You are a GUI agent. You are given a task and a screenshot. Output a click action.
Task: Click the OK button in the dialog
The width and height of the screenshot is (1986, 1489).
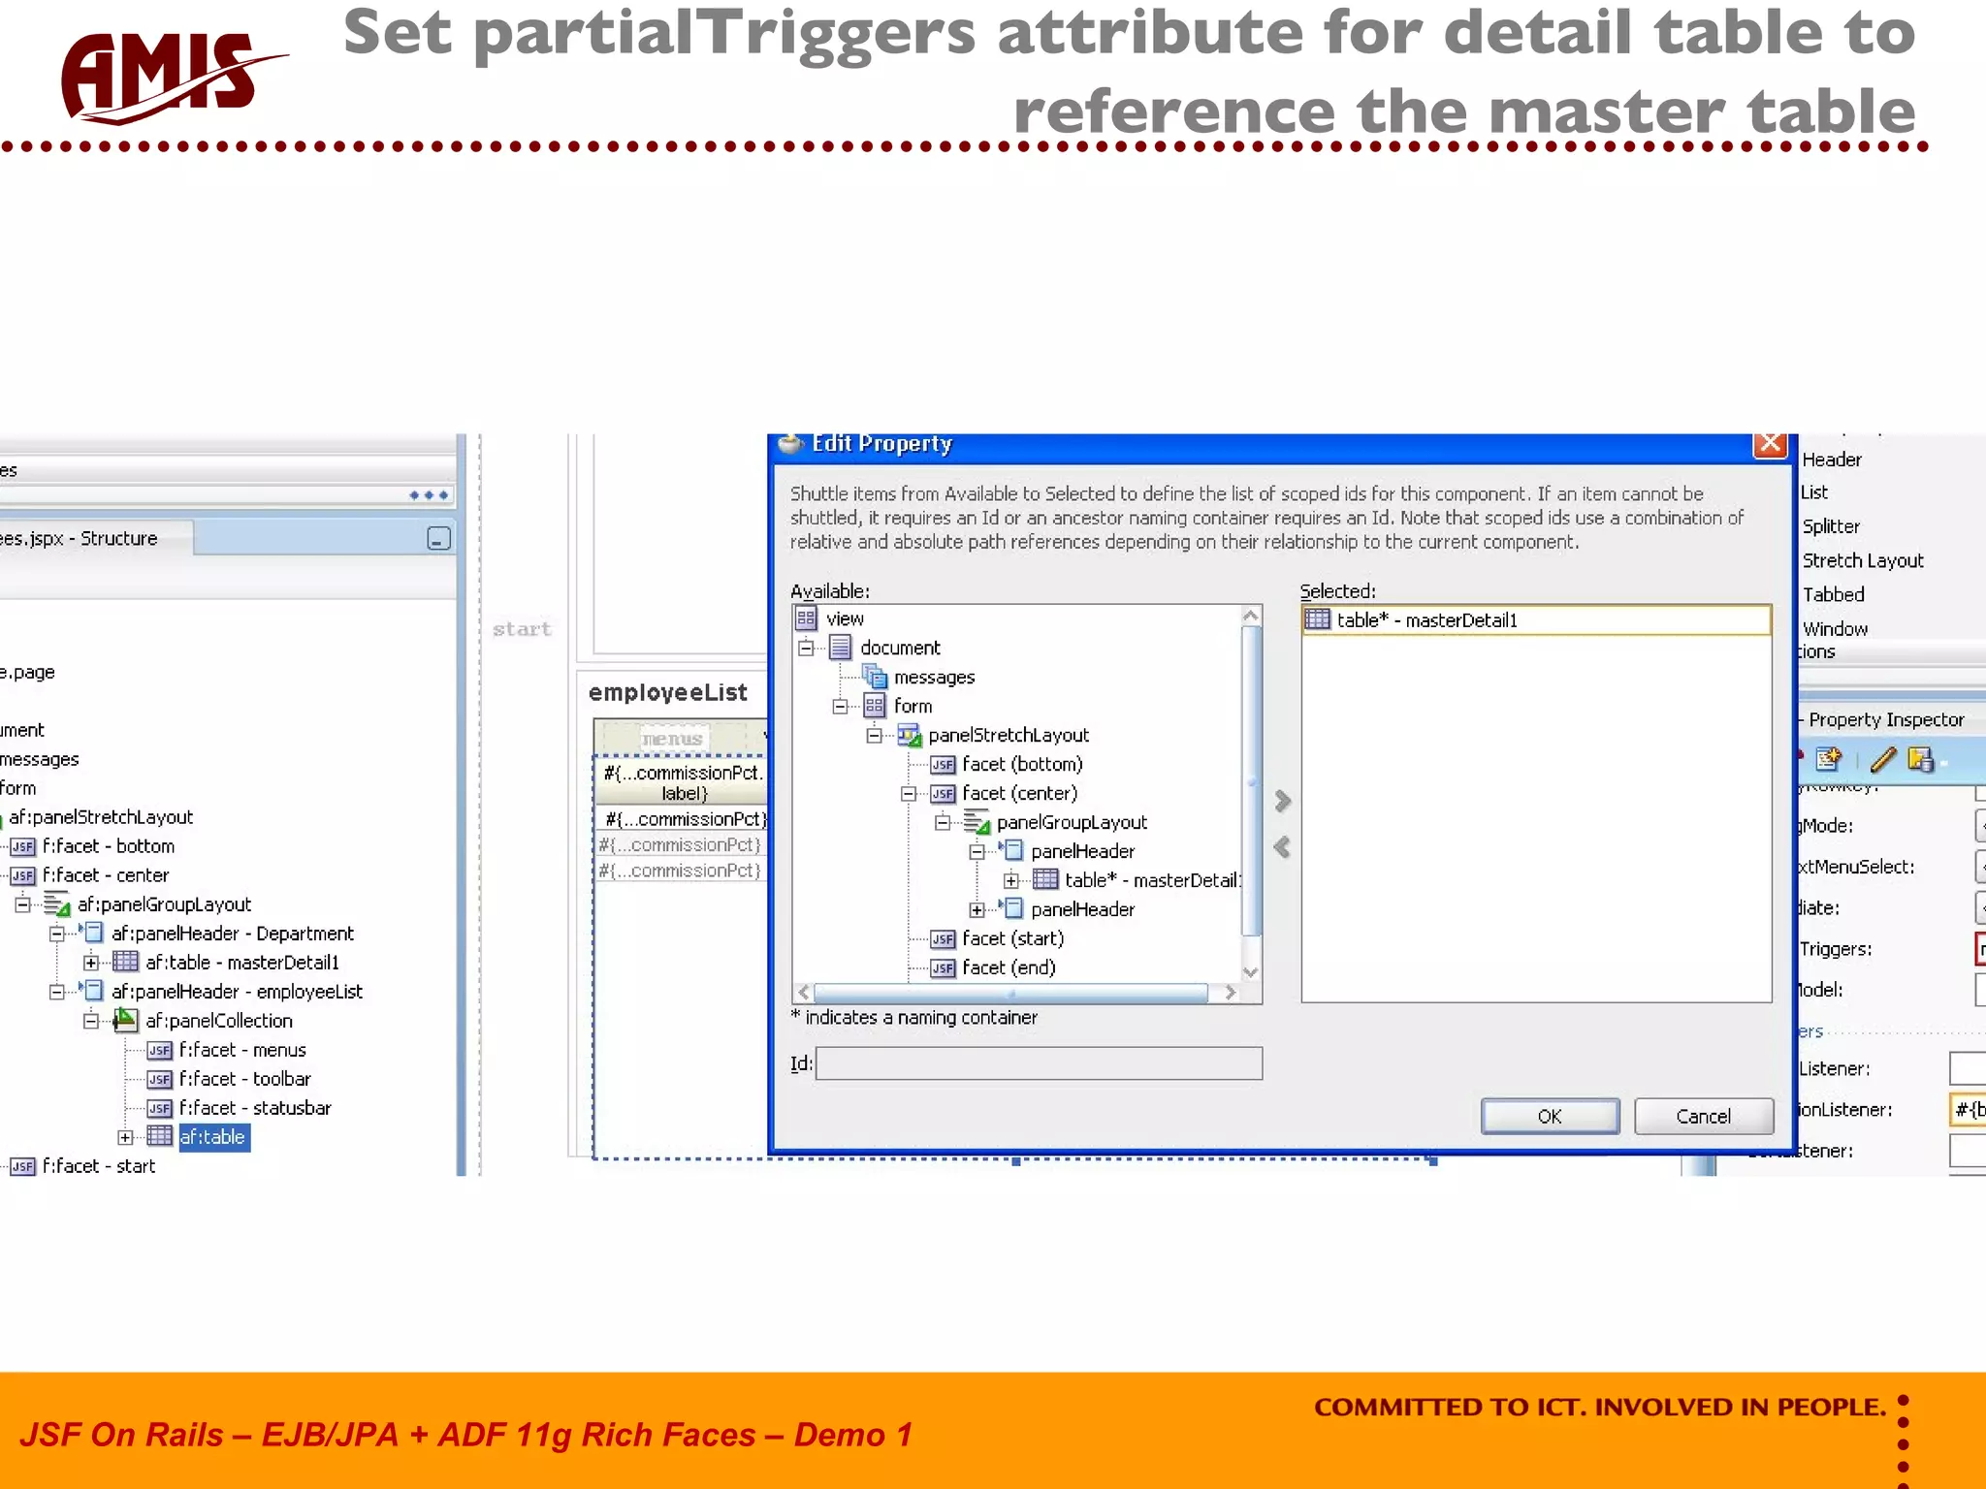coord(1549,1116)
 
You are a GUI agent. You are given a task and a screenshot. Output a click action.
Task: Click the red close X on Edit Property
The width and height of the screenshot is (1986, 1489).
coord(1770,444)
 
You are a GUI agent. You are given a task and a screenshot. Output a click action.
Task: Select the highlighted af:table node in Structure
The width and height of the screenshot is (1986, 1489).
coord(212,1137)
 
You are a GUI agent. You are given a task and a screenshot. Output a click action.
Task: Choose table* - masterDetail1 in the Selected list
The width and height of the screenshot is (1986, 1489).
coord(1425,620)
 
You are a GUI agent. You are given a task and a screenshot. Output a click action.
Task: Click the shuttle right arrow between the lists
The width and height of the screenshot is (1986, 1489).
coord(1282,801)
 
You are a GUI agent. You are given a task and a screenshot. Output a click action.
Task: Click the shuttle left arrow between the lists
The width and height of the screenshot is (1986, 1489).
coord(1282,847)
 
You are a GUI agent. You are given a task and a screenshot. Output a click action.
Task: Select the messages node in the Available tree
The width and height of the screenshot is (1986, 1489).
coord(933,678)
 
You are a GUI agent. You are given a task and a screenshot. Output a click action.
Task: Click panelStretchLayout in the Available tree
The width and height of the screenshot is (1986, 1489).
coord(1008,736)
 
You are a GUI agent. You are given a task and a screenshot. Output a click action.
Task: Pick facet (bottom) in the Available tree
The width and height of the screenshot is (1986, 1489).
coord(1021,765)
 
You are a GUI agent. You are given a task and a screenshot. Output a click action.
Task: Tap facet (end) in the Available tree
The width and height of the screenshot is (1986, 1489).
coord(1008,967)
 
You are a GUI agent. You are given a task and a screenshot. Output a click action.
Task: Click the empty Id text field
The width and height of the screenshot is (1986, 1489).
coord(1039,1063)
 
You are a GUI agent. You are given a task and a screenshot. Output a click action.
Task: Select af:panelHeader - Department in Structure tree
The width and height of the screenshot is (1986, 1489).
coord(232,934)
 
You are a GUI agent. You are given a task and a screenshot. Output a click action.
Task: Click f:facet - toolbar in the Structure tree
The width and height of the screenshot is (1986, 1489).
coord(244,1079)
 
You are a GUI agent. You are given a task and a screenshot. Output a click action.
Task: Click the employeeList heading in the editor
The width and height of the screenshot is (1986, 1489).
coord(667,692)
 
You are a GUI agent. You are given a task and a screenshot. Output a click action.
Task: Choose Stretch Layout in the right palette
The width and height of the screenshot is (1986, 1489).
coord(1862,560)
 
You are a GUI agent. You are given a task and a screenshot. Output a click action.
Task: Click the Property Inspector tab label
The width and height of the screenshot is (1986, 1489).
coord(1885,719)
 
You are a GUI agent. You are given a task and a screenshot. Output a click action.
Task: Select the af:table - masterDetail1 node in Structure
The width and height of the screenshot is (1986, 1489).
coord(241,963)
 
